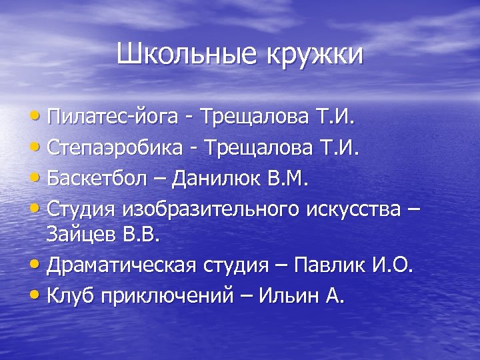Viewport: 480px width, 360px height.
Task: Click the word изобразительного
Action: pos(211,207)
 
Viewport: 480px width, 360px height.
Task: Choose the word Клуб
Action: pos(70,295)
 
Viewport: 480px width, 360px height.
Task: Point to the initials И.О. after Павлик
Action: pos(393,266)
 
